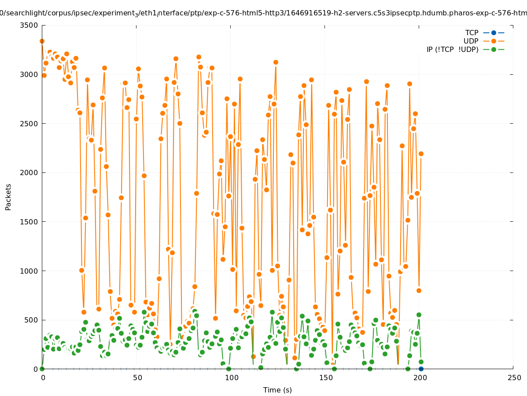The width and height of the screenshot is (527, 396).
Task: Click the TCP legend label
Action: pyautogui.click(x=472, y=33)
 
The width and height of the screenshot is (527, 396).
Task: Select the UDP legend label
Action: pyautogui.click(x=471, y=41)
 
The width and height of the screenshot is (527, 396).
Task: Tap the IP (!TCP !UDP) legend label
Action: pyautogui.click(x=452, y=49)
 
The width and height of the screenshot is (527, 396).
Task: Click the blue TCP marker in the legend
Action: pyautogui.click(x=494, y=33)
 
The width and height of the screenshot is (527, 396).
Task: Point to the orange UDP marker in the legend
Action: pyautogui.click(x=494, y=41)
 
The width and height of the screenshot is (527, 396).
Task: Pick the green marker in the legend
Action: pyautogui.click(x=494, y=49)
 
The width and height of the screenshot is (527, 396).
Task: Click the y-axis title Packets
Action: pyautogui.click(x=8, y=197)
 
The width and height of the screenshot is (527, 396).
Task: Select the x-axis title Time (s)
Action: pyautogui.click(x=277, y=390)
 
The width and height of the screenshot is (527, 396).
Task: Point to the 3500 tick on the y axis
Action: pyautogui.click(x=29, y=25)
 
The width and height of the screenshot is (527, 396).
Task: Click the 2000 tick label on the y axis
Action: pyautogui.click(x=29, y=172)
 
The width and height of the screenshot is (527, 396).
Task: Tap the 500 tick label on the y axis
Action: pyautogui.click(x=31, y=320)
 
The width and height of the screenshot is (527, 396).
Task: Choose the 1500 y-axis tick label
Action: pyautogui.click(x=29, y=222)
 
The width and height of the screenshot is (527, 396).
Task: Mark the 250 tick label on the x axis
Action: pyautogui.click(x=513, y=378)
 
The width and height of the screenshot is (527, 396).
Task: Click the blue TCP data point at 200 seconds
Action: pyautogui.click(x=421, y=369)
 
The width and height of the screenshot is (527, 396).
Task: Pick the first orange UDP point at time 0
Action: pyautogui.click(x=42, y=41)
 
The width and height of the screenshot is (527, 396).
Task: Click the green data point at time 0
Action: pyautogui.click(x=42, y=369)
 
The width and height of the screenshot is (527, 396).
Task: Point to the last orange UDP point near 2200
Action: pyautogui.click(x=421, y=154)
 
